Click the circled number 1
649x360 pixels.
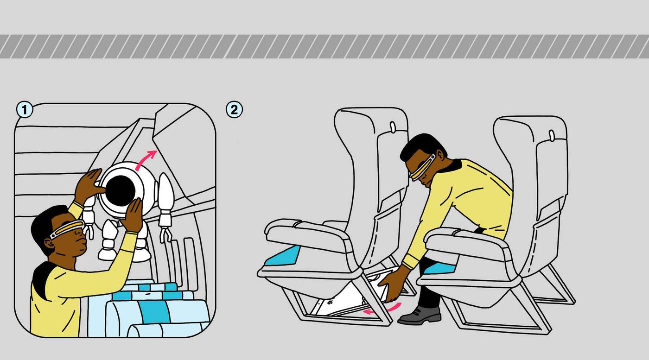[25, 109]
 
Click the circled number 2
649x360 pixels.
[234, 109]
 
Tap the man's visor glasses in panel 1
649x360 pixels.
[67, 228]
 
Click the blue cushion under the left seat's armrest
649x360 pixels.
[282, 256]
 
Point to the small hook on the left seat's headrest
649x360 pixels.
[393, 127]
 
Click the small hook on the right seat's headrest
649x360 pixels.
[552, 136]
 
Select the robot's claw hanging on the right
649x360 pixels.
[165, 234]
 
